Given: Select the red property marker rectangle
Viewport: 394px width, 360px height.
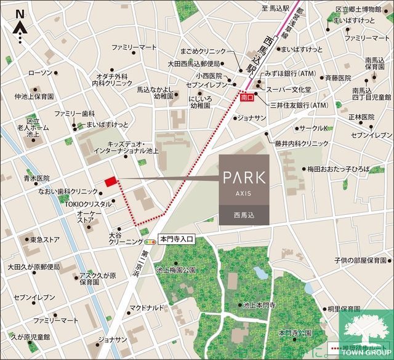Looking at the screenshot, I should tap(110, 182).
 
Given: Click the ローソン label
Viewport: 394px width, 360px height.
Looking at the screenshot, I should tap(41, 73).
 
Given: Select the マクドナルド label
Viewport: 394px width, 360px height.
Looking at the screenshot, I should tap(147, 307).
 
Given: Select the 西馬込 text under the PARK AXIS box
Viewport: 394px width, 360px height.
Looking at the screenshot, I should tap(243, 216).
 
